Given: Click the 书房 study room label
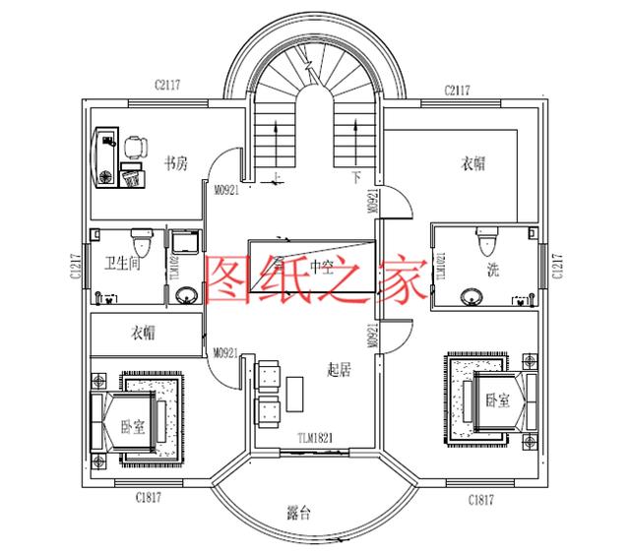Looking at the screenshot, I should click(176, 163).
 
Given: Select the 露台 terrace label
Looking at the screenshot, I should click(299, 513).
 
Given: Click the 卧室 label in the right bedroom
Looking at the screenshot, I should click(498, 400).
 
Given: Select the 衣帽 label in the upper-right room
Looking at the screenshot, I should click(473, 163).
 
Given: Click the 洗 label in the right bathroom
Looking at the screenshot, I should click(491, 269).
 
